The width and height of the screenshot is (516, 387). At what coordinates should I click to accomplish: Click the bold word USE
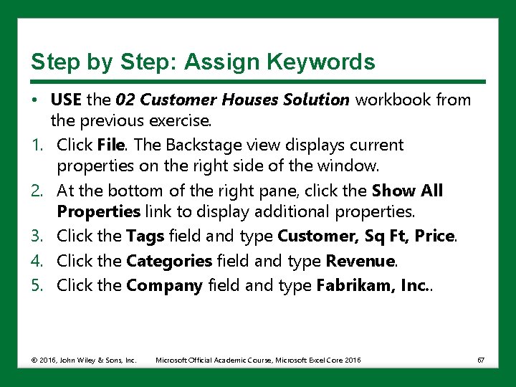67,100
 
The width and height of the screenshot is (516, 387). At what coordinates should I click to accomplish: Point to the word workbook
391,100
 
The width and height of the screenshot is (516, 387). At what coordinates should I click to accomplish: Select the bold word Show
393,191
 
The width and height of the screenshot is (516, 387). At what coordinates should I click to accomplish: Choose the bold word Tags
145,236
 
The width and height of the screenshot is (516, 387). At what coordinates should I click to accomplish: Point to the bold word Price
434,236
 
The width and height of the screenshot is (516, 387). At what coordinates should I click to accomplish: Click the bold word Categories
169,261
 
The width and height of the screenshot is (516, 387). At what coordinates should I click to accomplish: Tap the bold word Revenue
360,261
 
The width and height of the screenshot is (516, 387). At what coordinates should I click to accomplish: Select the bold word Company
165,285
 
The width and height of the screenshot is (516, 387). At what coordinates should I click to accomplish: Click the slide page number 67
481,359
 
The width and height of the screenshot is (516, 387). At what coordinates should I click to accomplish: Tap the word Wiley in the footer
82,359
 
